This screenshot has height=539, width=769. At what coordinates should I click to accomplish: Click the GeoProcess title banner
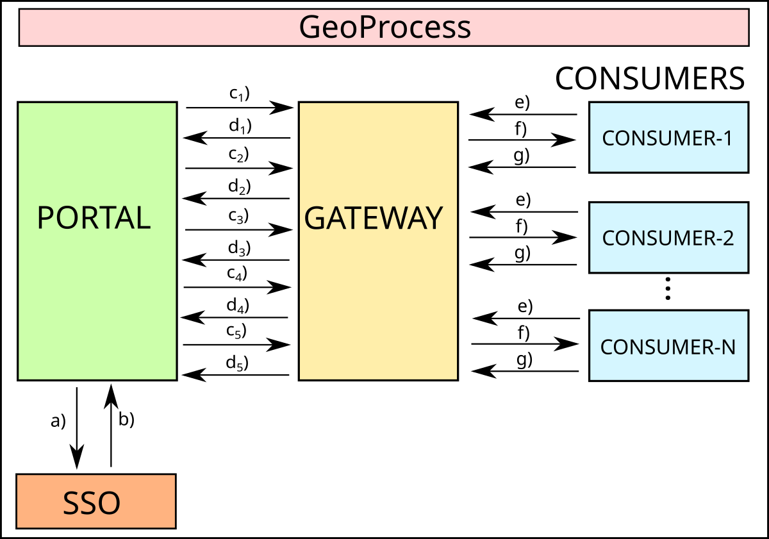[384, 28]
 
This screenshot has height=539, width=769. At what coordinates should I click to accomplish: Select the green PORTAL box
[97, 241]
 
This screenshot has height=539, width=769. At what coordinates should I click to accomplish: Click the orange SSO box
[95, 501]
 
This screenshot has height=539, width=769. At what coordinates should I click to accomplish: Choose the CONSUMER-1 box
[668, 137]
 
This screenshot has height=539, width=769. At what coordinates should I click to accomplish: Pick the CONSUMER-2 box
[668, 237]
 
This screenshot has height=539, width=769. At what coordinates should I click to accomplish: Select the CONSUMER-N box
[668, 346]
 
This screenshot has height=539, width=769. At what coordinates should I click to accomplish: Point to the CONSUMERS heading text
[650, 79]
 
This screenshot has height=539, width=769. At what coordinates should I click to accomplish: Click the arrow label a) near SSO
[58, 422]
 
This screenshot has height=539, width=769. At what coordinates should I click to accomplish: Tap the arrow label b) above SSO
[126, 420]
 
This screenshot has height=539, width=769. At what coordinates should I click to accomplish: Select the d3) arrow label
[239, 247]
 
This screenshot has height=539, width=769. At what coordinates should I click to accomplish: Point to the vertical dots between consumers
[667, 288]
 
